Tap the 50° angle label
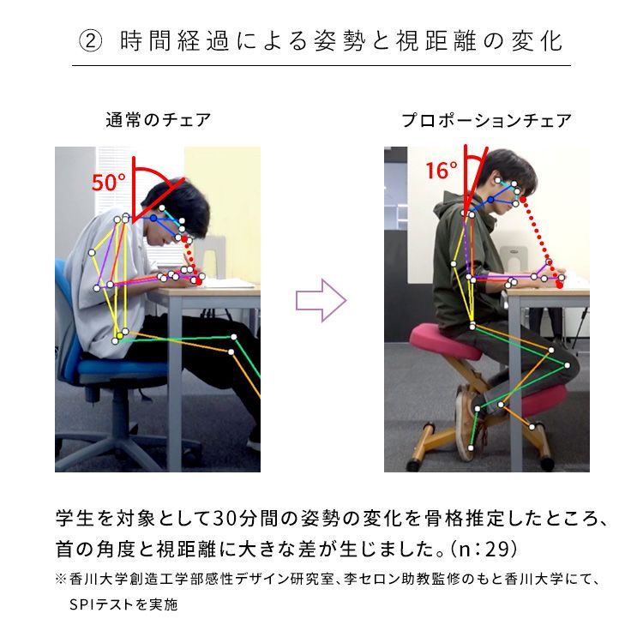[109, 183]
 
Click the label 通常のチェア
[158, 120]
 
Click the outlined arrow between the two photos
[321, 300]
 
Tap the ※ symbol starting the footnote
[61, 580]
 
